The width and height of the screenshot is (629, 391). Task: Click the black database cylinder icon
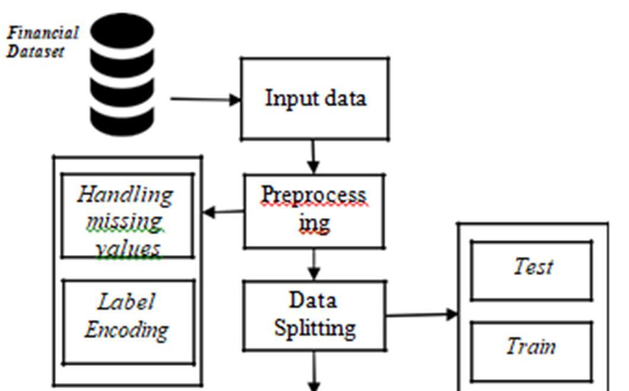[x=122, y=75]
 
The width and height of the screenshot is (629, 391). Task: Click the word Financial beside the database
[x=43, y=32]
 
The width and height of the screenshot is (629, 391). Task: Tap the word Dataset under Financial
[x=35, y=51]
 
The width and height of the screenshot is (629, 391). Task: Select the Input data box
[x=315, y=98]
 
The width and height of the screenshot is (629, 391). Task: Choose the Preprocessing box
[x=314, y=210]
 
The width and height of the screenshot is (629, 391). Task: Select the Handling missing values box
[x=127, y=216]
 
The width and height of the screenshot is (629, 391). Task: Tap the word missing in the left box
[x=124, y=221]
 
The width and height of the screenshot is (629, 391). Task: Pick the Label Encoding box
[x=128, y=321]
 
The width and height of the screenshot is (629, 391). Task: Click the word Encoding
[x=126, y=329]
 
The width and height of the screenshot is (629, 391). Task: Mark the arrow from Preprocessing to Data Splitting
[x=314, y=264]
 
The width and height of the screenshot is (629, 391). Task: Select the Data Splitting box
[x=314, y=314]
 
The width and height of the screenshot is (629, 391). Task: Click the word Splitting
[x=314, y=327]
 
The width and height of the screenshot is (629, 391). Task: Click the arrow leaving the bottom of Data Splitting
[x=314, y=371]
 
